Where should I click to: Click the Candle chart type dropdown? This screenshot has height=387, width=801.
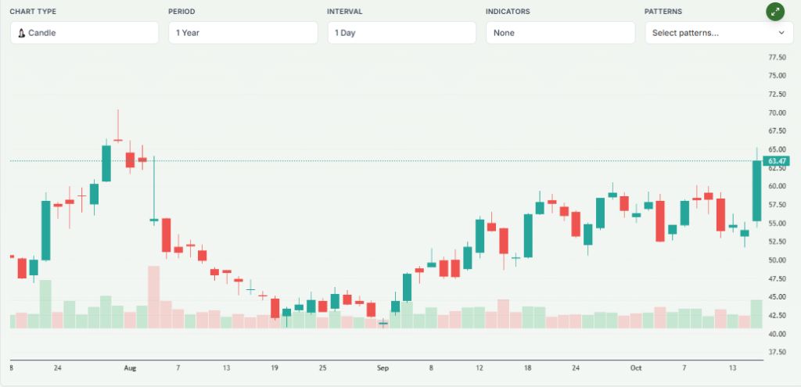84,33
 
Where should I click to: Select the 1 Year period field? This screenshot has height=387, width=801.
242,33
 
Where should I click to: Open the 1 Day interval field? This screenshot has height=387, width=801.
401,33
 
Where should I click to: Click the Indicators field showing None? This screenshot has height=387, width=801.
560,33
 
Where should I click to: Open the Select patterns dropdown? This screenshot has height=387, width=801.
718,33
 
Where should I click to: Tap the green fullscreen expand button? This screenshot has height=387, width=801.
775,12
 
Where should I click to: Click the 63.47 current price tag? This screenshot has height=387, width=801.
776,161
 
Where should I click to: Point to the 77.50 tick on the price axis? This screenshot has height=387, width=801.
777,58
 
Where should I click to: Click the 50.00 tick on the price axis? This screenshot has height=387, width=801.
777,260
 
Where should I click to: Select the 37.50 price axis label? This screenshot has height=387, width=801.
777,353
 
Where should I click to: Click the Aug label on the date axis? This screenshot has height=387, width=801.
130,367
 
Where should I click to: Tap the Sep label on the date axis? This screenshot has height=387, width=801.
383,367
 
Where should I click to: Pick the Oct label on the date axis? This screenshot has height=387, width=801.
636,367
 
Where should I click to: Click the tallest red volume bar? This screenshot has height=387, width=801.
154,297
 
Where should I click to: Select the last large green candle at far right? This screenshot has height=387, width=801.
756,191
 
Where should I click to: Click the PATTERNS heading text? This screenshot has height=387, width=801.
663,12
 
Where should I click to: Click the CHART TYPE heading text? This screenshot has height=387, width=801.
33,12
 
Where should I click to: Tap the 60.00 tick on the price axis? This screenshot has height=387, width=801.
777,187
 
